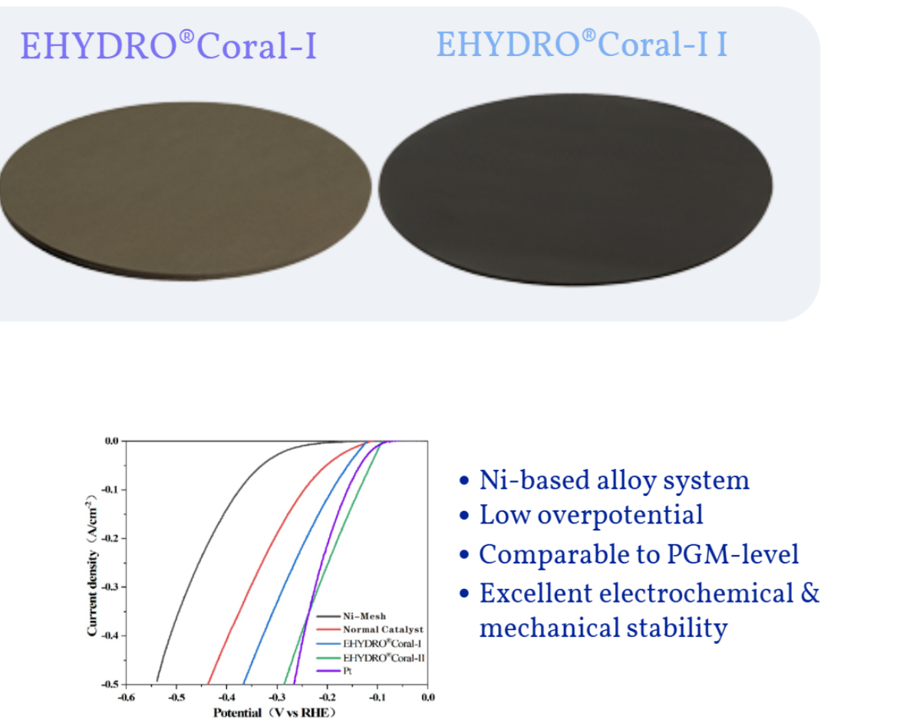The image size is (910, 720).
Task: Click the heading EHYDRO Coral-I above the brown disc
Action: point(169,45)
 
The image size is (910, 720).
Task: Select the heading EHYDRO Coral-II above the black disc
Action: point(582,44)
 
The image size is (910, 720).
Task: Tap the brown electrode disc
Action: point(185,191)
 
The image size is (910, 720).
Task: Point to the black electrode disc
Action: point(575,190)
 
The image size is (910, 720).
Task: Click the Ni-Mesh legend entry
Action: point(351,616)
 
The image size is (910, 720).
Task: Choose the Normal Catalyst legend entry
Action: point(371,629)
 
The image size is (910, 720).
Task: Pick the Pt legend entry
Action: point(335,671)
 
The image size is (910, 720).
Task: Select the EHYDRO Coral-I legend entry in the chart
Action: point(369,643)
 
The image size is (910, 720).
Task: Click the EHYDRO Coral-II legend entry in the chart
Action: point(371,658)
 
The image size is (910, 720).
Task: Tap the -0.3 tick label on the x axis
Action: point(277,697)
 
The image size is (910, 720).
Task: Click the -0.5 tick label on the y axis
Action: point(110,684)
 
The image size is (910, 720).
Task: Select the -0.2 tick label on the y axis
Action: point(110,538)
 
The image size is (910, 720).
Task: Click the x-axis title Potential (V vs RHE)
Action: point(275,712)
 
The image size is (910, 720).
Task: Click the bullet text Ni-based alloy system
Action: point(615,481)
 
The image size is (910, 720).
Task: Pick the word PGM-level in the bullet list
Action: point(733,554)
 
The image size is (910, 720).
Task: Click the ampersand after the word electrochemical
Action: point(810,593)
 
